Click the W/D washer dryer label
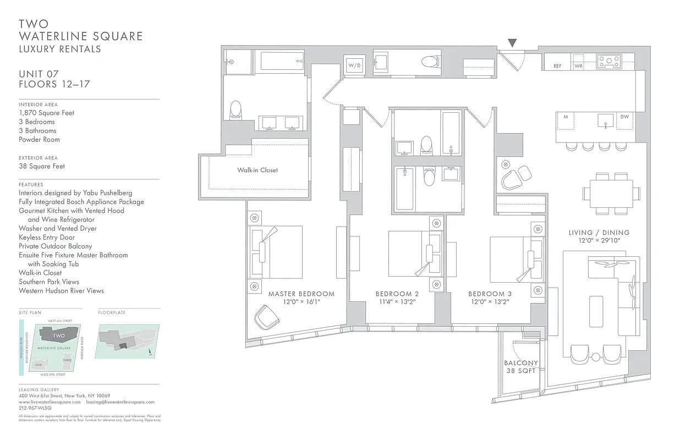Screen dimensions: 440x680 [x=354, y=65]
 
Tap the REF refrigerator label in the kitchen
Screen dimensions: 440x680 [x=557, y=66]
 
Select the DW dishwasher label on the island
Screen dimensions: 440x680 [x=624, y=117]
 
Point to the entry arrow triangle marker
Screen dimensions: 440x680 [x=512, y=43]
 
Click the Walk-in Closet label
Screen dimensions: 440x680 [x=257, y=170]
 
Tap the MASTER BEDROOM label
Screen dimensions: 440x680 [x=301, y=294]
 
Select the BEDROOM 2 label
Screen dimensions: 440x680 [x=397, y=294]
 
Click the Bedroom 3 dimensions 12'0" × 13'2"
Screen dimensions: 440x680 [x=490, y=302]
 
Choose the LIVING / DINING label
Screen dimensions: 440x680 [x=599, y=233]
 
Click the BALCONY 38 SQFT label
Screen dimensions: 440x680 [x=520, y=367]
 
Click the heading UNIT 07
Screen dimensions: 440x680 [x=39, y=74]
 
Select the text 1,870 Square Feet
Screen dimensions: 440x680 [x=46, y=113]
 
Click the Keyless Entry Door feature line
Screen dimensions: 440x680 [x=47, y=237]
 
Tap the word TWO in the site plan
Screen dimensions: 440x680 [x=59, y=335]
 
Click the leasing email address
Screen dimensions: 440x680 [x=120, y=402]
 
